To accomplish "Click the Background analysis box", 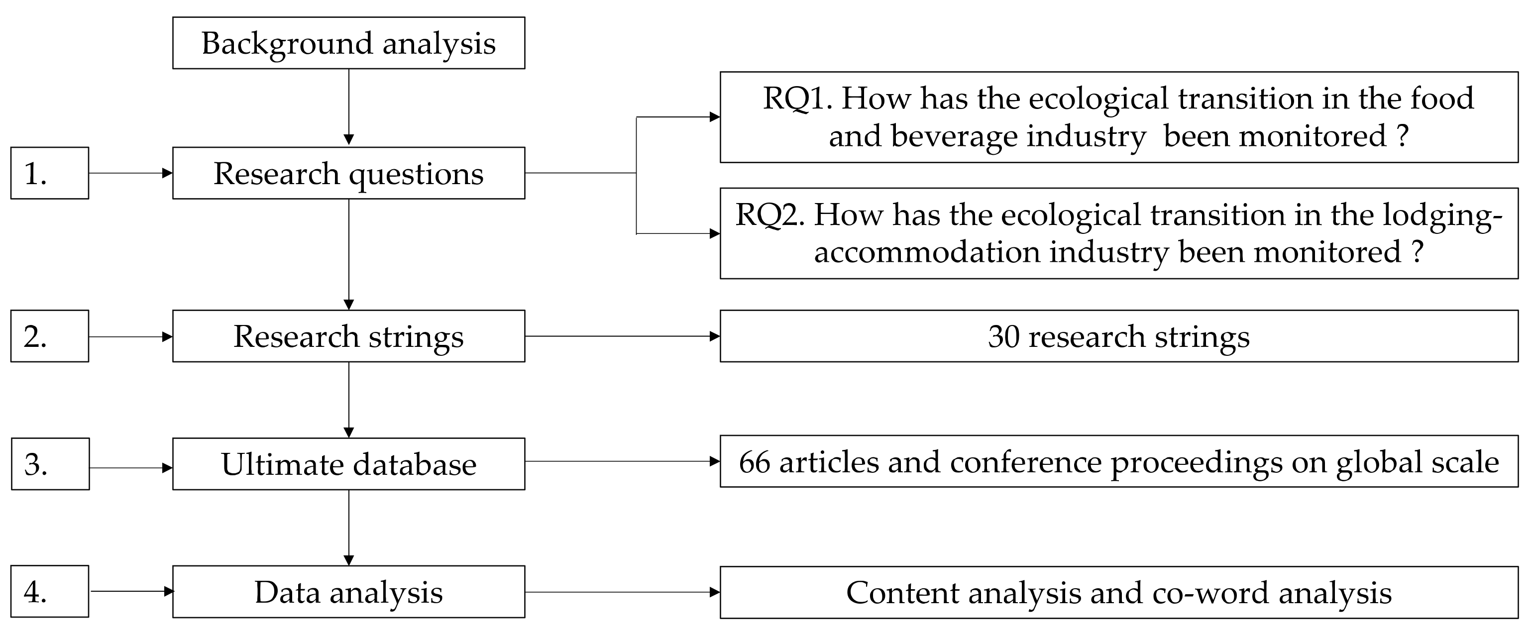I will tap(349, 43).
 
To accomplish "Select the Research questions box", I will tap(349, 173).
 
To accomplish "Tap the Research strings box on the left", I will tap(349, 336).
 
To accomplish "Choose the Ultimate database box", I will tap(349, 464).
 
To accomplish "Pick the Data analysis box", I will tap(349, 592).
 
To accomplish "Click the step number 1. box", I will tap(49, 173).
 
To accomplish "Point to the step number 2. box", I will tap(49, 336).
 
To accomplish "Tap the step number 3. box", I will tap(50, 464).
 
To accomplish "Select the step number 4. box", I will tap(49, 592).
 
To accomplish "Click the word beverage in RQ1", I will tap(958, 136).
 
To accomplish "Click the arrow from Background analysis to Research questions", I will tap(349, 107).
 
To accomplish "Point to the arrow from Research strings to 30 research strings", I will tap(622, 336).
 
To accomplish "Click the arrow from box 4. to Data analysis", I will tap(131, 591).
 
